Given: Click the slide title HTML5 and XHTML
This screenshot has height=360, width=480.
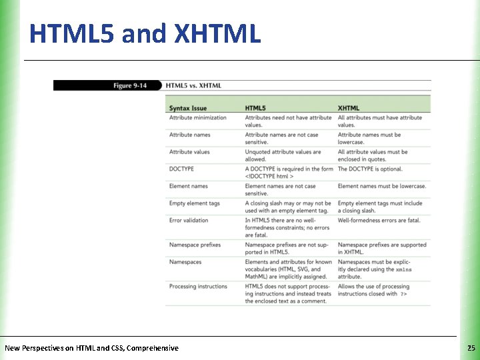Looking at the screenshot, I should [x=145, y=33].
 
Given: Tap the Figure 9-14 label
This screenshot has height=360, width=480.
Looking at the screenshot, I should [x=130, y=85].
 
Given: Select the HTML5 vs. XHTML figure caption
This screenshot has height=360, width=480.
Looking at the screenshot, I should [x=193, y=85].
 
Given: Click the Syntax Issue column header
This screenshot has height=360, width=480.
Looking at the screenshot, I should [x=188, y=108].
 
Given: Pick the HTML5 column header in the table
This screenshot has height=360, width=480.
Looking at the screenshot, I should [x=255, y=108].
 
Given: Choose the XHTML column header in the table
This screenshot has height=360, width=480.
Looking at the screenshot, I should [x=349, y=108].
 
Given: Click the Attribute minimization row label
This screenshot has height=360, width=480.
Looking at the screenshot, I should [x=198, y=118].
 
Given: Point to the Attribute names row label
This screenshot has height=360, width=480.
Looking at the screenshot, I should [x=189, y=135].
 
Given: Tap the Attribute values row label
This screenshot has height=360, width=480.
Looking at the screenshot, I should [x=189, y=152].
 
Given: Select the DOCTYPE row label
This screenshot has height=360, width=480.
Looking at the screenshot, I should [x=182, y=169].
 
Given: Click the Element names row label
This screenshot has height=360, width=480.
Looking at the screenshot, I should [x=189, y=186].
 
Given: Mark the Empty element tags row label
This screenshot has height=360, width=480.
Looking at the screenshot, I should [x=195, y=203].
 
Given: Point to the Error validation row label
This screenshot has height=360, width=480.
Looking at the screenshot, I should [x=189, y=220].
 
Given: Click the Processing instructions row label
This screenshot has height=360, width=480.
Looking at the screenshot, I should [x=198, y=287].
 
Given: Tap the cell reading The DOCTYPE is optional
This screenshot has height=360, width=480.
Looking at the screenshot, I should [x=371, y=169].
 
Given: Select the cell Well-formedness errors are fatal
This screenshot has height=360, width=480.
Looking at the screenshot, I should [x=379, y=220].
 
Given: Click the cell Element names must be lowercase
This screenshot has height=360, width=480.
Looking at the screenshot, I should [x=382, y=186].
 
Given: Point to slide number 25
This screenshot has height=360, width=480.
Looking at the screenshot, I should [x=471, y=348].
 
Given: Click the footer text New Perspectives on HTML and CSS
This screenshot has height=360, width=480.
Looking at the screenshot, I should [x=91, y=348].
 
